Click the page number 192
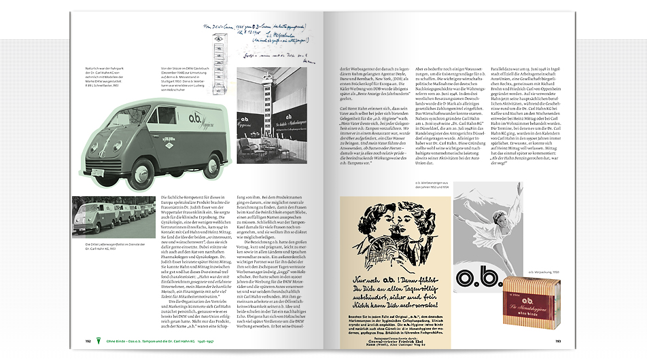[x=88, y=341]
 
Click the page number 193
[x=557, y=341]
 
